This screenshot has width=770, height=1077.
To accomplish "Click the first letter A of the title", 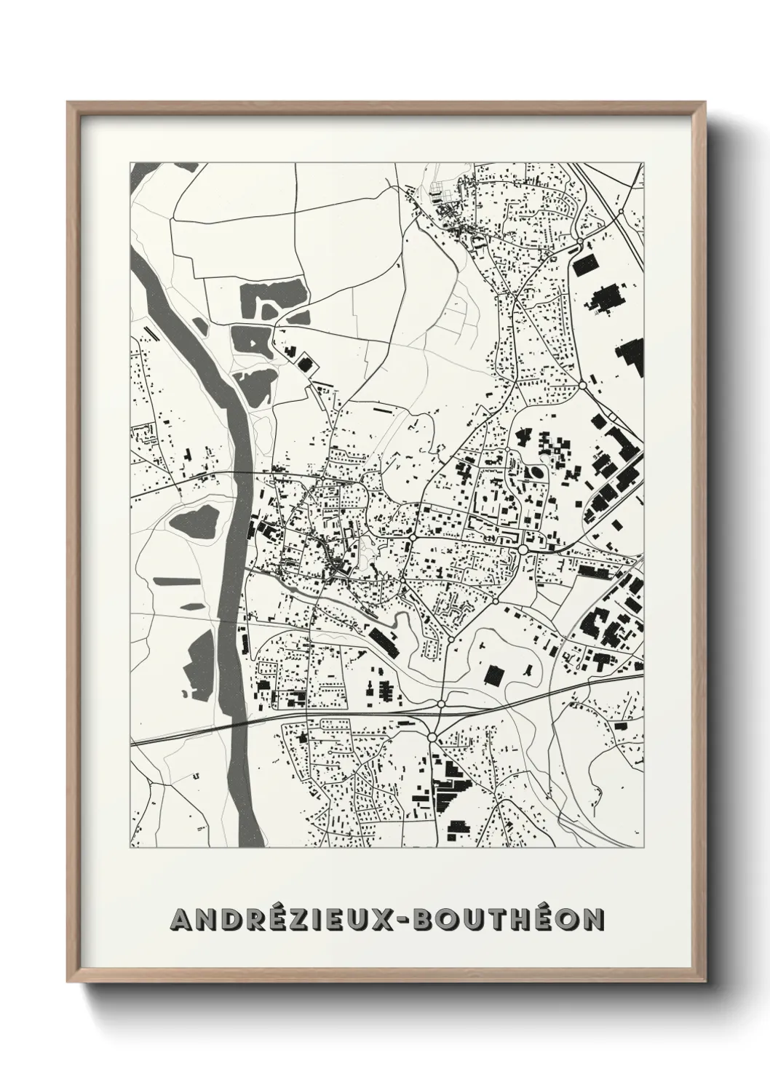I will tap(181, 920).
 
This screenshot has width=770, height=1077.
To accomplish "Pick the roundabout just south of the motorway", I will tap(432, 738).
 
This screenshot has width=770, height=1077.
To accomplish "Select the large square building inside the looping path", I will tap(495, 672).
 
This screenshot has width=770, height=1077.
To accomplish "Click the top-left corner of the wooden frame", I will tap(68, 103).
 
